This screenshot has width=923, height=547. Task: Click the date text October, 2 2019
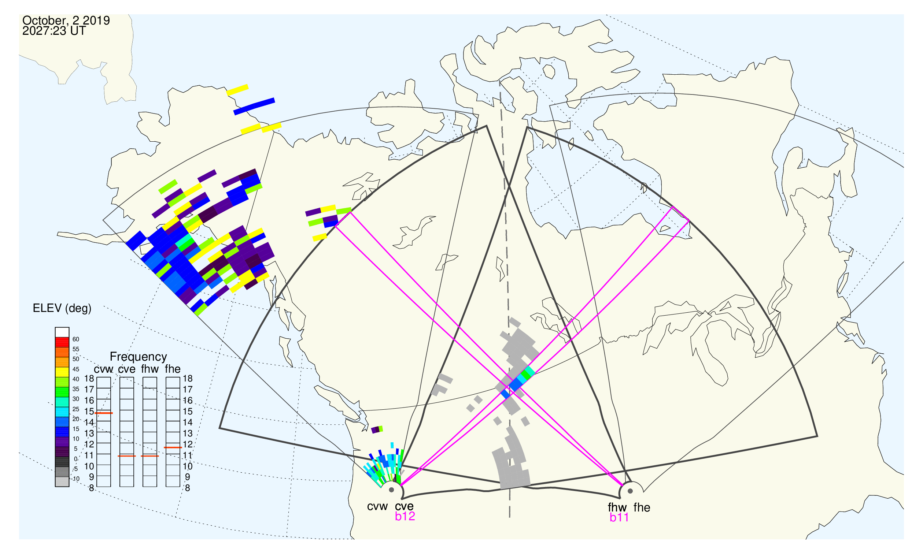pos(66,21)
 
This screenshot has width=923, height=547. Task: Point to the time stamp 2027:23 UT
pos(54,31)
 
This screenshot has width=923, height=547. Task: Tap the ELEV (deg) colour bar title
pos(62,309)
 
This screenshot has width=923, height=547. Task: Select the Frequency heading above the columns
pos(139,357)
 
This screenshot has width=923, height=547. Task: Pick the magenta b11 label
pos(619,517)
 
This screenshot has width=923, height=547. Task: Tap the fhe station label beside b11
pos(642,507)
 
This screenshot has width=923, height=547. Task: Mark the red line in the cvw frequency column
pos(104,413)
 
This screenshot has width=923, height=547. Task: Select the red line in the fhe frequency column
pos(173,447)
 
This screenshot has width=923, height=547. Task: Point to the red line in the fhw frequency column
pos(150,456)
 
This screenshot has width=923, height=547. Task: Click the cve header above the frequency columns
pos(127,369)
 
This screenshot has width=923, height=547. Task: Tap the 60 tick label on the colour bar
pos(75,339)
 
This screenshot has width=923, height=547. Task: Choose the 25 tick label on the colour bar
pos(75,409)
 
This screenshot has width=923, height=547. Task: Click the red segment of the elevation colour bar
pos(62,342)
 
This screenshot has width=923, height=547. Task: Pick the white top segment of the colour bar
pos(62,332)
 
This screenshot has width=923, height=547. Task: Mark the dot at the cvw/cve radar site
pos(391,490)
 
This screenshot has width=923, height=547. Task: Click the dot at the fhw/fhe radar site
pos(631,491)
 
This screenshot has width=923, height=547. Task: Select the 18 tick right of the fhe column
pos(188,379)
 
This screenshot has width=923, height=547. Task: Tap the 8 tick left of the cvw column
pos(92,488)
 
